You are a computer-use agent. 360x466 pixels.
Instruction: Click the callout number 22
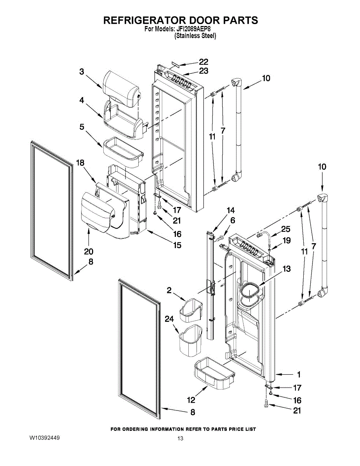[203, 62]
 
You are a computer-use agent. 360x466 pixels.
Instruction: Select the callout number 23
[203, 71]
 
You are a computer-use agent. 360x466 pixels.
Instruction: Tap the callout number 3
[82, 71]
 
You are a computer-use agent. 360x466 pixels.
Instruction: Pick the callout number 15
[177, 245]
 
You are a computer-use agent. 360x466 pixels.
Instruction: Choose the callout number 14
[231, 210]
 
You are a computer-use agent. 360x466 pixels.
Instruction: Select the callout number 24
[169, 319]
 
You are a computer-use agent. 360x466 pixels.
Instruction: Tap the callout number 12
[191, 400]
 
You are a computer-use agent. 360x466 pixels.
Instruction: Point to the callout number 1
[299, 375]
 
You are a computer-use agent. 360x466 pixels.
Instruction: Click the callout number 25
[286, 229]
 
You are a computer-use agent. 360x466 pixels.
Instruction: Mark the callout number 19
[287, 240]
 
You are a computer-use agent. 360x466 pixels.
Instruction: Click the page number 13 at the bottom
[180, 438]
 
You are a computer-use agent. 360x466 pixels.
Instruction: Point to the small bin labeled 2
[190, 310]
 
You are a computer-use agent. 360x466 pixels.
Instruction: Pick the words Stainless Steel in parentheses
[195, 35]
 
